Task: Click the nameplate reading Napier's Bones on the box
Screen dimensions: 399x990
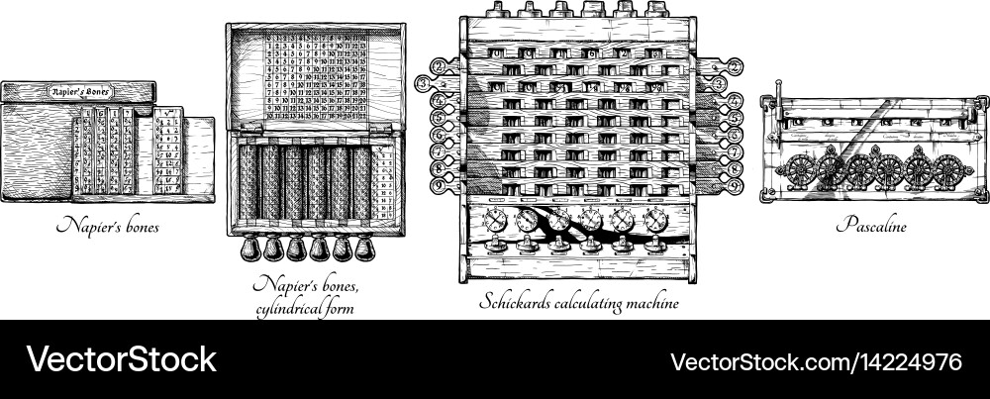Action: click(x=79, y=91)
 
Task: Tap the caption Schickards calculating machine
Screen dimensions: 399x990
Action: click(x=579, y=303)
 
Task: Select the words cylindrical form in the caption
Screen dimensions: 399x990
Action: click(x=303, y=308)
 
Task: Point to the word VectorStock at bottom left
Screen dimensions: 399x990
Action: click(x=120, y=358)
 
